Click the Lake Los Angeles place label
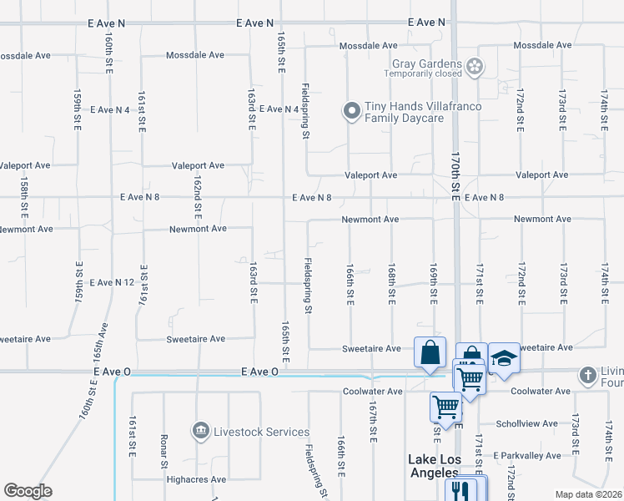click(434, 466)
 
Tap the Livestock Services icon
click(200, 431)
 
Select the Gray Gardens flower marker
click(475, 65)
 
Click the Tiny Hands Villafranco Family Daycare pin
click(352, 110)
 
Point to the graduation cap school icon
click(504, 357)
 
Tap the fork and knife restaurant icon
click(457, 488)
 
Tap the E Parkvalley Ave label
click(527, 455)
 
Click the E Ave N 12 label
click(112, 283)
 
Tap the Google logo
click(28, 490)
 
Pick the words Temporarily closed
click(423, 73)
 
